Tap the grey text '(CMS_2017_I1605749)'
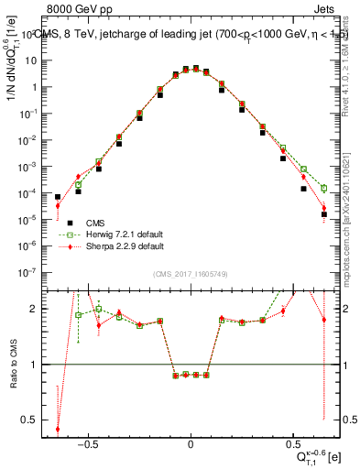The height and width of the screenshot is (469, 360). [x=191, y=276]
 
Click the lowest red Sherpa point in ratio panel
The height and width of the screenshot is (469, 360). [x=58, y=429]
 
